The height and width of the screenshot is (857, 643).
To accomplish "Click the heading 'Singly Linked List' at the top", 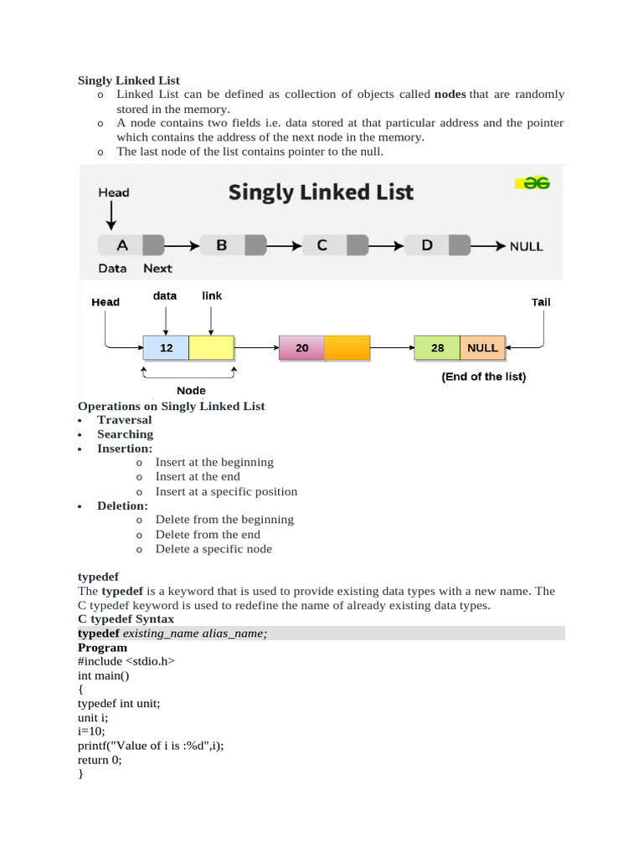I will click(x=129, y=80).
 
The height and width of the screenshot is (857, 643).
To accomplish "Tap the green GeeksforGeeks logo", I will click(x=532, y=183).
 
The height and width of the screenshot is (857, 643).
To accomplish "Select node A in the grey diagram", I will click(x=122, y=245).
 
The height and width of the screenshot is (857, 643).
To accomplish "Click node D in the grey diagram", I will click(x=427, y=245).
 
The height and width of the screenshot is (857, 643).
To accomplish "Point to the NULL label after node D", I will click(x=526, y=246).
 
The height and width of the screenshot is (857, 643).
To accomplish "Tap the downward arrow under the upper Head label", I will click(x=110, y=216).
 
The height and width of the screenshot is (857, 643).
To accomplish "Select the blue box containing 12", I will click(x=166, y=347).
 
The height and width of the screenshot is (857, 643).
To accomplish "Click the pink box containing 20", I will click(x=301, y=347).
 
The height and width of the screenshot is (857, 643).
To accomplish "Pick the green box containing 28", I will click(x=437, y=347).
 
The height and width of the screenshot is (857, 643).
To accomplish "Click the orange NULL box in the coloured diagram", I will click(x=482, y=347).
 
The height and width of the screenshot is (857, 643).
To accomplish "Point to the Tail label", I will click(x=541, y=302).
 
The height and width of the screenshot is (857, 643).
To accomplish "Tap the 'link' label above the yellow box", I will click(x=212, y=295).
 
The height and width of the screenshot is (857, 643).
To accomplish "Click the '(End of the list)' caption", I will click(x=484, y=377).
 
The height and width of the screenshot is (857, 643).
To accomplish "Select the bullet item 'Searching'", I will click(x=125, y=434).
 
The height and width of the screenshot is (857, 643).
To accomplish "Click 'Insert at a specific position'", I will click(x=226, y=491).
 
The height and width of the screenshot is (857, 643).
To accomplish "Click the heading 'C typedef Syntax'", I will click(x=126, y=619).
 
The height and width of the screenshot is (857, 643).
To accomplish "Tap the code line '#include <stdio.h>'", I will click(x=126, y=661).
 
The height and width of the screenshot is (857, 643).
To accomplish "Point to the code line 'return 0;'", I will click(x=100, y=760).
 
